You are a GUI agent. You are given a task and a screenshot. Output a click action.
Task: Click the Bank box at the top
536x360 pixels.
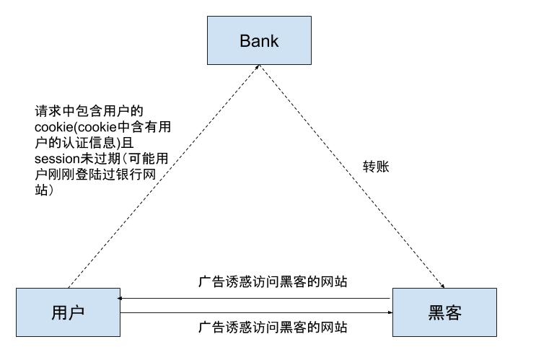(x=259, y=40)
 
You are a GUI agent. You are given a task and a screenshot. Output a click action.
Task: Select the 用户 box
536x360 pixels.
(x=68, y=312)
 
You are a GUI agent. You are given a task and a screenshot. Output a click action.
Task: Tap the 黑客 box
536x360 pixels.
(x=444, y=312)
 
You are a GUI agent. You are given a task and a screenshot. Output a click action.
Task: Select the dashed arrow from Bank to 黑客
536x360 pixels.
(x=353, y=173)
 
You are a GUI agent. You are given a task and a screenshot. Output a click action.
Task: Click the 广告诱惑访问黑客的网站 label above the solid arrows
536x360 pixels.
(x=273, y=281)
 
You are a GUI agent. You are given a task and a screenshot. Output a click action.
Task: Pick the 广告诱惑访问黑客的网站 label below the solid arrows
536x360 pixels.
(x=273, y=327)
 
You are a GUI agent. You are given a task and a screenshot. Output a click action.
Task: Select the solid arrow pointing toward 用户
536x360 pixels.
(x=252, y=298)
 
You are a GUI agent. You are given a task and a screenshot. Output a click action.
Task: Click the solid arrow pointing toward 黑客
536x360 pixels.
(x=252, y=312)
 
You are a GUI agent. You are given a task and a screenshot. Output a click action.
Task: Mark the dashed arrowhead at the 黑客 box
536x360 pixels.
(x=441, y=284)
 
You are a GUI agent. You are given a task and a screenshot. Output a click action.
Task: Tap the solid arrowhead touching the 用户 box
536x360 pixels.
(x=123, y=298)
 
